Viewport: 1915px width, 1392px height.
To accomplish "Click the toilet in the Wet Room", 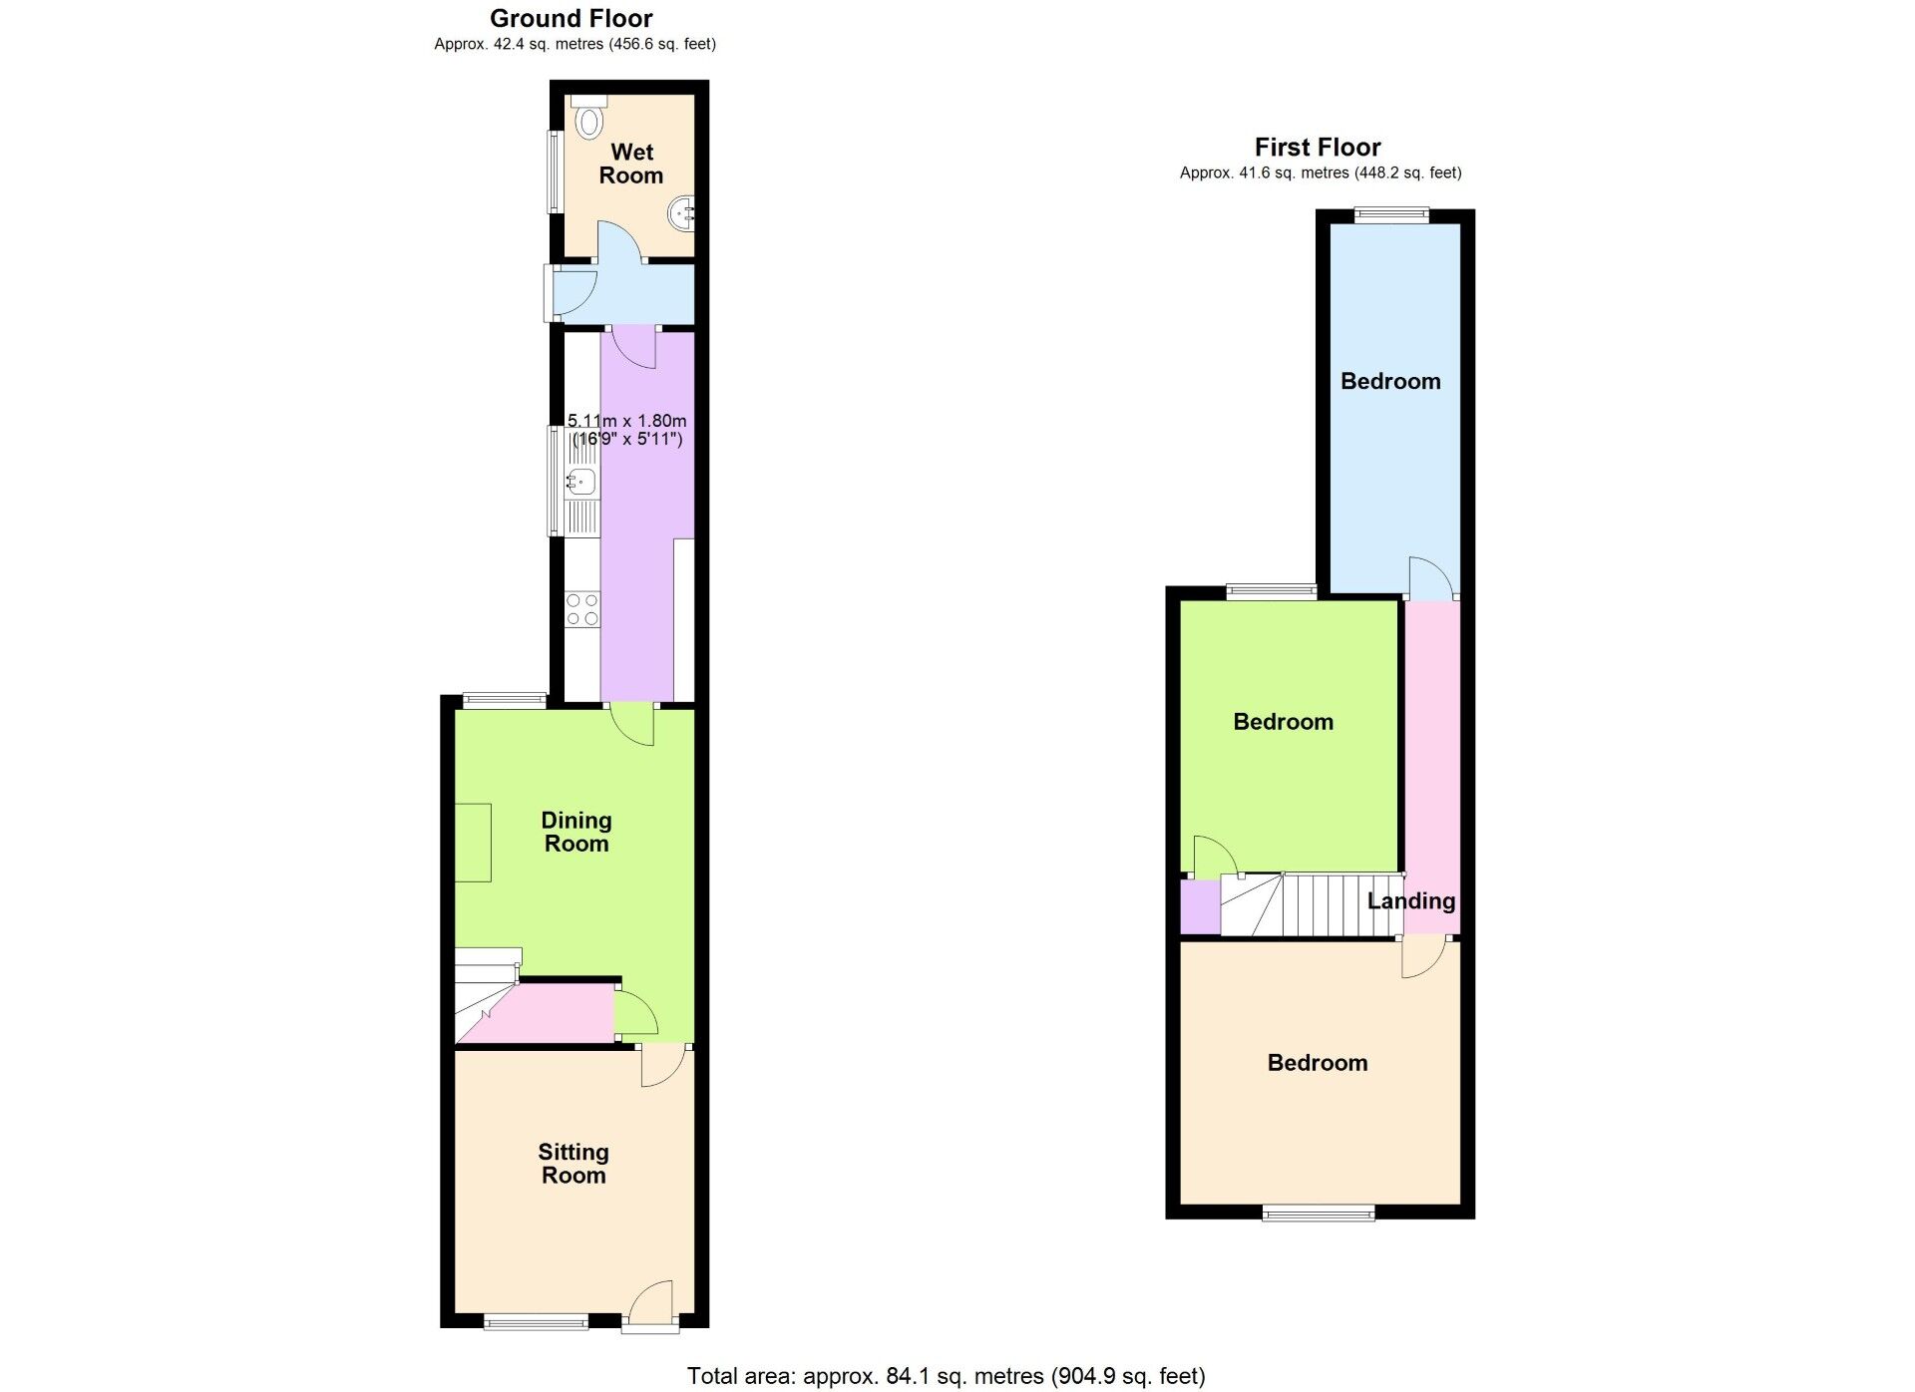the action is [x=589, y=118].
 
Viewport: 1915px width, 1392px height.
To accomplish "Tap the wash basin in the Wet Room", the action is [x=682, y=213].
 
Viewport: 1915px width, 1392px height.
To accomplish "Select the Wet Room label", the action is [x=631, y=164].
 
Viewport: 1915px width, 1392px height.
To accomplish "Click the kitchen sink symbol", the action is [x=580, y=483].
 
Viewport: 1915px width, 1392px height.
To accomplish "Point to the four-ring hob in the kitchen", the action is [x=582, y=609].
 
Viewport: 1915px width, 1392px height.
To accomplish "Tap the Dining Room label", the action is [x=576, y=832].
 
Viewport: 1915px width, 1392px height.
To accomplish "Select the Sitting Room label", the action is [x=574, y=1164].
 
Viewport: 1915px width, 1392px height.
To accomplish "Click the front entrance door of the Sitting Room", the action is [x=650, y=1305].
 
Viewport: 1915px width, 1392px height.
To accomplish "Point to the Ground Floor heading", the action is [x=572, y=18].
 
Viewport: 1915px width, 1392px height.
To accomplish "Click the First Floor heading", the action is [x=1318, y=147].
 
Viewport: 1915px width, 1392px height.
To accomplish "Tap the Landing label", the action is [x=1411, y=901].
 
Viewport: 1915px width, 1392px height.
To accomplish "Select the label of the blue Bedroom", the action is [x=1390, y=381].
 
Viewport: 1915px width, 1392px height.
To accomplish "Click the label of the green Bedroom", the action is [x=1283, y=722].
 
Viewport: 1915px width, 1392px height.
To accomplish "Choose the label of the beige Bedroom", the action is [x=1318, y=1063].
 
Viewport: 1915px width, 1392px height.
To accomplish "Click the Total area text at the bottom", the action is [x=946, y=1377].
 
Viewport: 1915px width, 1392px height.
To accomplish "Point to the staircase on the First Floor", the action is [x=1312, y=905].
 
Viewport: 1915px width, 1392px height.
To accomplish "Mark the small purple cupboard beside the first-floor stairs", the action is [x=1200, y=907].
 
